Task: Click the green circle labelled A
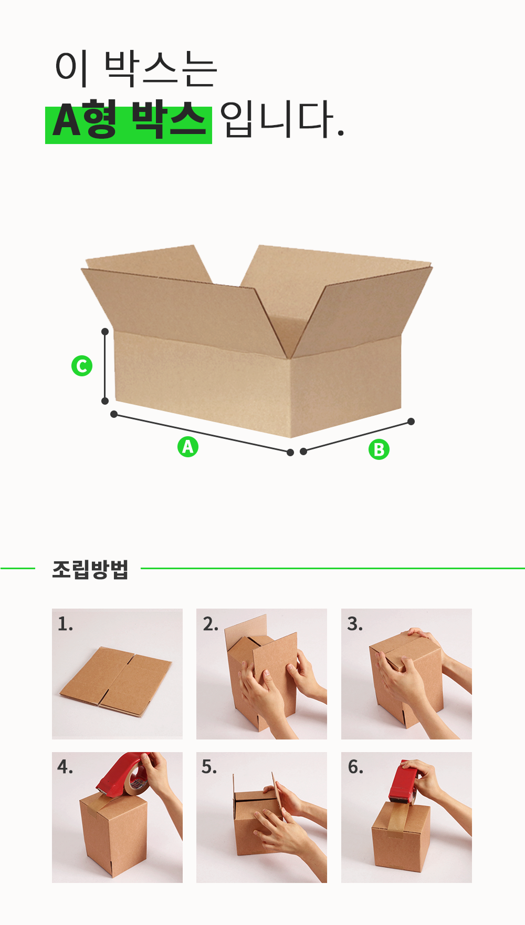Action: (187, 446)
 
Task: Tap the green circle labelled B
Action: (379, 449)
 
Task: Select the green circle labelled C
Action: (82, 366)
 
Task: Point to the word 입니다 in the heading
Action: (282, 119)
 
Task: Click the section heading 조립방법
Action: (90, 569)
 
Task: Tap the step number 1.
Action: (65, 624)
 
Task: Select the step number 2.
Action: (210, 624)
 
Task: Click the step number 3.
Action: (355, 624)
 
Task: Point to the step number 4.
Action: (65, 767)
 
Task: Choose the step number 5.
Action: (209, 767)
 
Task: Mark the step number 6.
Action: (355, 767)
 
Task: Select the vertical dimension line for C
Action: (105, 366)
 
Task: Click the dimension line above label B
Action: (357, 436)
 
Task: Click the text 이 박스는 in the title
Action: (136, 68)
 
